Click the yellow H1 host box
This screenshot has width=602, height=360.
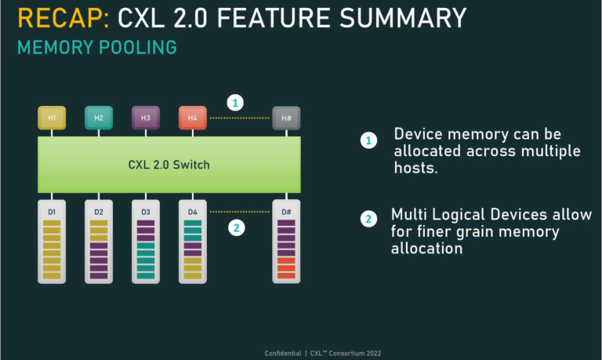[x=52, y=118]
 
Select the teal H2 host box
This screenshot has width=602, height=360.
[x=99, y=118]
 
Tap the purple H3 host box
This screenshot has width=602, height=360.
[x=146, y=118]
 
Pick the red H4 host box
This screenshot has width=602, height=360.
[x=192, y=118]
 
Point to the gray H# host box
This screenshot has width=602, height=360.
[x=286, y=118]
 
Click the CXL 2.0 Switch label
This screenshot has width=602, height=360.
[x=169, y=165]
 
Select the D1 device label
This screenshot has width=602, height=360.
[x=52, y=212]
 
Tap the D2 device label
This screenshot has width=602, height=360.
[x=99, y=212]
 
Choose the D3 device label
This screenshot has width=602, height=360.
[x=146, y=212]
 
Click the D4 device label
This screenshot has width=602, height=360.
[x=192, y=212]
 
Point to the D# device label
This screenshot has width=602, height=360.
[x=286, y=212]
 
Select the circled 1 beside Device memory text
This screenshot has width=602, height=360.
[x=368, y=141]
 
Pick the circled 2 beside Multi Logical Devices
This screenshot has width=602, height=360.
[x=368, y=219]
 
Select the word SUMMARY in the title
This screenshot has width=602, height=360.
[x=401, y=17]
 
